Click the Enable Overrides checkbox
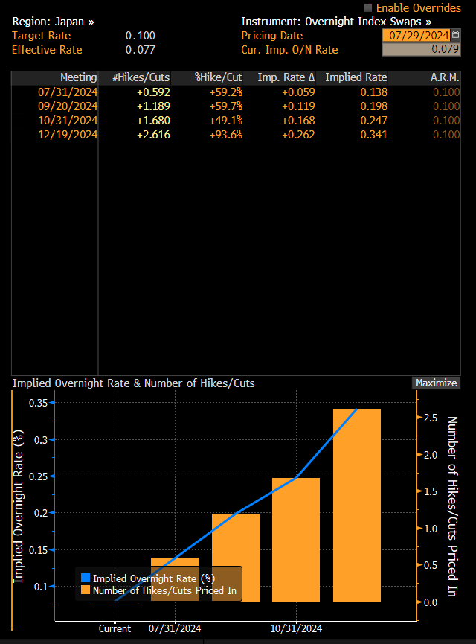(367, 7)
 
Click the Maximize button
(436, 383)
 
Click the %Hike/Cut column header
(219, 77)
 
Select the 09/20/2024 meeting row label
(67, 106)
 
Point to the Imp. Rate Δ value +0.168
(297, 121)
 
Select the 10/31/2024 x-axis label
(295, 628)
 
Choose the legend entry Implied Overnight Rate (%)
(153, 578)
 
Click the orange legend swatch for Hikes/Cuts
(85, 590)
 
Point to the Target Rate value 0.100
(140, 36)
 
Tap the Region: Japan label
(53, 22)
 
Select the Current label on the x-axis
(115, 628)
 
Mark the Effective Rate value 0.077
(140, 50)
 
